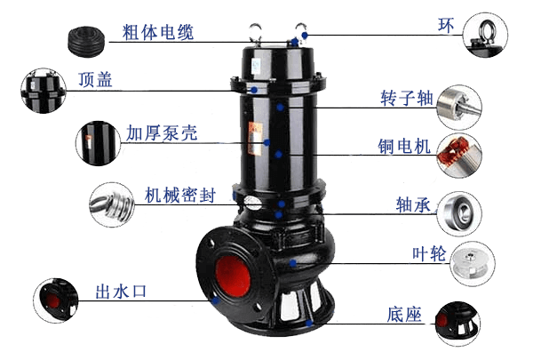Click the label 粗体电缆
158,32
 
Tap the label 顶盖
95,80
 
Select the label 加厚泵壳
162,132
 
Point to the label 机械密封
180,196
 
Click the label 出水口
121,292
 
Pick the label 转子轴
407,98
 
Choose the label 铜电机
404,147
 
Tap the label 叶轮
429,253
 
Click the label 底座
404,315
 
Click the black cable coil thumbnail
86,42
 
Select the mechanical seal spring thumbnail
112,204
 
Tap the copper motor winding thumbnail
459,156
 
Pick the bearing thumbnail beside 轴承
459,213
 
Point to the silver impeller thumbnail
473,264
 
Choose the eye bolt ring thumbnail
485,35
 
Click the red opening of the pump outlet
233,276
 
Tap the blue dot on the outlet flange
215,300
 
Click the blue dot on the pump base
309,323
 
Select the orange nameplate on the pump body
256,139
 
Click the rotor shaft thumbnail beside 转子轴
459,108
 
